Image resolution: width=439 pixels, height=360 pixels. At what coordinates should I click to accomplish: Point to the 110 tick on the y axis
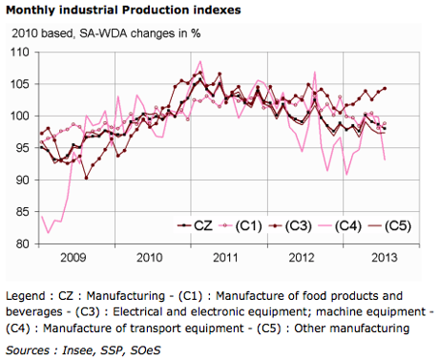pos(19,52)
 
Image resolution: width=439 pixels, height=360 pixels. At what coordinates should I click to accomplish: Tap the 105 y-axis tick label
pos(19,84)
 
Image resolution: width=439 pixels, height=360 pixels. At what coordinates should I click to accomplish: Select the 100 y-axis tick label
pos(19,116)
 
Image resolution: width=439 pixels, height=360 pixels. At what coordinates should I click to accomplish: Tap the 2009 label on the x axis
pos(73,258)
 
